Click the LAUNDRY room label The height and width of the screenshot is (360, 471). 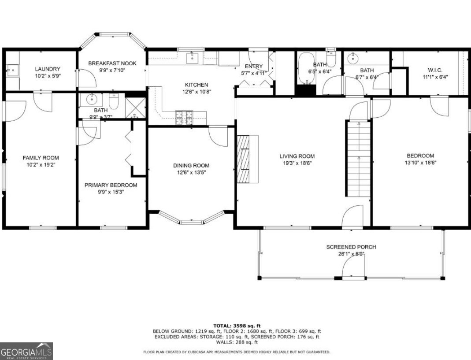48,69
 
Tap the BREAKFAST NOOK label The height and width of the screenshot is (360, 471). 112,63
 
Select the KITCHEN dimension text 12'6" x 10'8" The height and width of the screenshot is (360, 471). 196,92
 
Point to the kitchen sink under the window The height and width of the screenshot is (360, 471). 193,57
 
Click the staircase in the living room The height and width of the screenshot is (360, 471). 358,159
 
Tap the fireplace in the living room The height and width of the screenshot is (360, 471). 243,159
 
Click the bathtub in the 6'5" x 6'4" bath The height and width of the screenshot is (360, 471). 305,68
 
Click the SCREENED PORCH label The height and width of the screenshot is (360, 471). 351,247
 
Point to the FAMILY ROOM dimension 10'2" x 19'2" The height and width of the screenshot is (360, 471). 41,164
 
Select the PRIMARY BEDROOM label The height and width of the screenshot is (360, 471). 111,185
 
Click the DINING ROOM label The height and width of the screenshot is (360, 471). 191,165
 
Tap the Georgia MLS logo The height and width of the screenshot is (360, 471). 26,351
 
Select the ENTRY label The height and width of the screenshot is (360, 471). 254,67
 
